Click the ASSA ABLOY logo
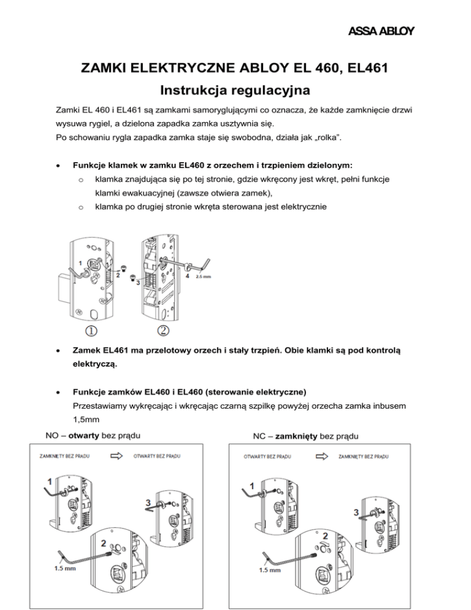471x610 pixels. [381, 31]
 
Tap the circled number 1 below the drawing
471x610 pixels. [91, 331]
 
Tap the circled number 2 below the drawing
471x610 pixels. [163, 330]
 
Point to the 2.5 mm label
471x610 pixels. [203, 277]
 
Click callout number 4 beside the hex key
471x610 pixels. [188, 276]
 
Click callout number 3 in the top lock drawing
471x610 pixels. [138, 283]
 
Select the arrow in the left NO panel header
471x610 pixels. [117, 456]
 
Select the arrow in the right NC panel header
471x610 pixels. [321, 457]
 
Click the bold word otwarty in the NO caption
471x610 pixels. [83, 435]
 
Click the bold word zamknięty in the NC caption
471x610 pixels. [296, 436]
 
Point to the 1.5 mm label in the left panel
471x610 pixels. [65, 568]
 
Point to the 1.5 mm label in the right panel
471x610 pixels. [269, 570]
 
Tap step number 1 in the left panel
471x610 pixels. [50, 482]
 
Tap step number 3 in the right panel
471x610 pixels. [356, 512]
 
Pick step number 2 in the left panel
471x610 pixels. [104, 543]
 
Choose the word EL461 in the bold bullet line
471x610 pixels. [115, 350]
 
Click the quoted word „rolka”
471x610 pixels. [327, 137]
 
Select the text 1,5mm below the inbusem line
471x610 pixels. [86, 420]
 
